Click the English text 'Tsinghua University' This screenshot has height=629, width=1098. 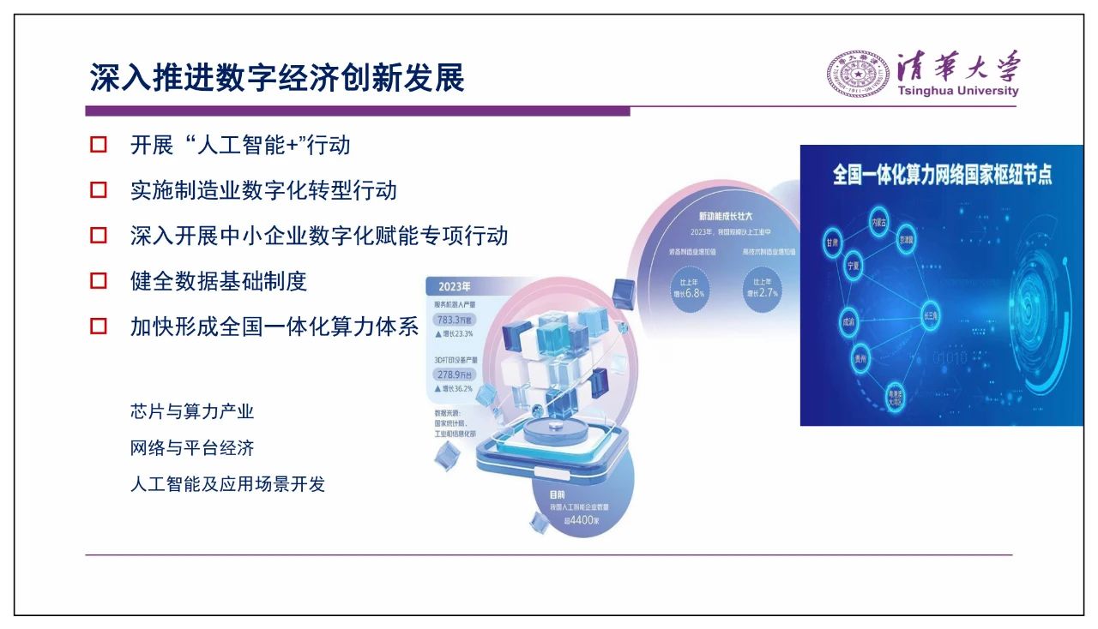pyautogui.click(x=957, y=91)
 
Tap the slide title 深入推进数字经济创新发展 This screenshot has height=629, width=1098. pyautogui.click(x=277, y=78)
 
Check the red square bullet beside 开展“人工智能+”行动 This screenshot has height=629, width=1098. pyautogui.click(x=99, y=144)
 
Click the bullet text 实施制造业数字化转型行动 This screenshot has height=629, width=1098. pyautogui.click(x=263, y=189)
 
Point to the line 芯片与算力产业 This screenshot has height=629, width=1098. pyautogui.click(x=192, y=411)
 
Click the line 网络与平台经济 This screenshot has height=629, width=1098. pyautogui.click(x=192, y=448)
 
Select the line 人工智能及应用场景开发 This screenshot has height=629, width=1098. pyautogui.click(x=227, y=484)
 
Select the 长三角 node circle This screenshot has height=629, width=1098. pyautogui.click(x=932, y=314)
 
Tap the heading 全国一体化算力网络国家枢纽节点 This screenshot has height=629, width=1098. pyautogui.click(x=942, y=175)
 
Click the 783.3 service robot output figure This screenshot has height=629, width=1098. pyautogui.click(x=451, y=320)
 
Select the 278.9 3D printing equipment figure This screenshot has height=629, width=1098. pyautogui.click(x=452, y=374)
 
